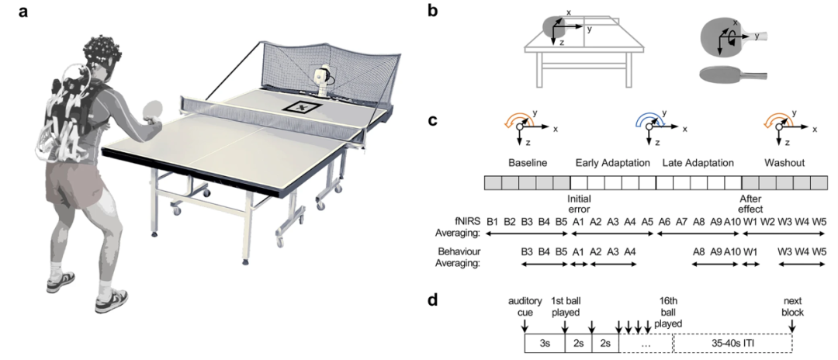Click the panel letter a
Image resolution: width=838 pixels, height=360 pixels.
[x=23, y=11]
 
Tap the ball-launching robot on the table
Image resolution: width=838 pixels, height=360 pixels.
[x=322, y=80]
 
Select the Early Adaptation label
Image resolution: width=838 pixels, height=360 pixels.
[x=612, y=162]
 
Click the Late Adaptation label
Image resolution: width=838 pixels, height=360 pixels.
[x=698, y=162]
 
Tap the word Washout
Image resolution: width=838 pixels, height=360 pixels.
[x=784, y=162]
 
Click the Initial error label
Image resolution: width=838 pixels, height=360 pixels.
[x=579, y=203]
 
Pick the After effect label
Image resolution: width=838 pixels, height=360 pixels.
[x=750, y=203]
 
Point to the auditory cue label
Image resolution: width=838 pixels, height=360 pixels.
[x=525, y=306]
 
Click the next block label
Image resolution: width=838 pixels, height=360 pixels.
[x=792, y=306]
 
